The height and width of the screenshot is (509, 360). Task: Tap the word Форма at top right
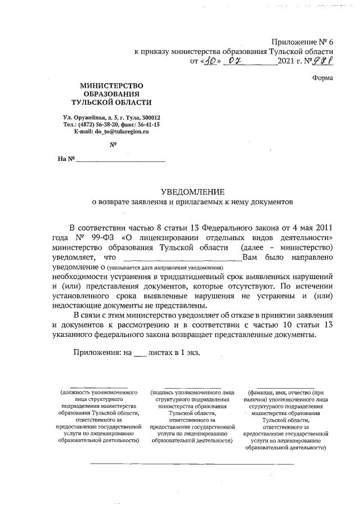coord(323,78)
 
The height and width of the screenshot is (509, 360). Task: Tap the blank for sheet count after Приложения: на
coord(140,352)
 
